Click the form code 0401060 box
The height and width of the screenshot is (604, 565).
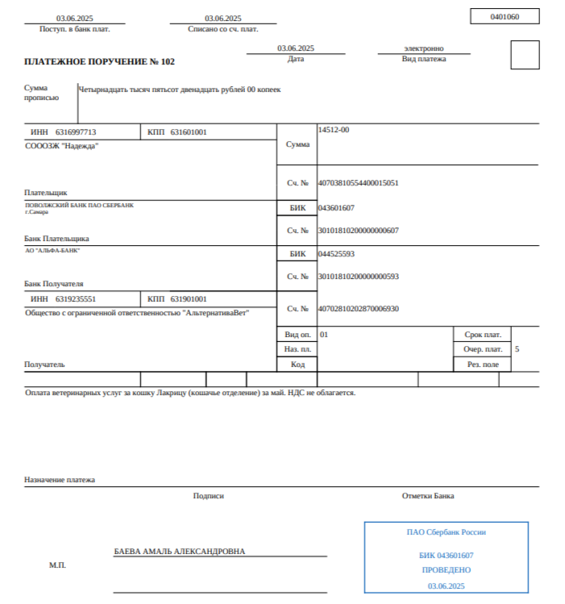504,16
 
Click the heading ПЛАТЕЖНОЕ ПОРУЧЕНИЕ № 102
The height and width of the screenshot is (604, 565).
99,61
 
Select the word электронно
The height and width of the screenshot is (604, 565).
424,48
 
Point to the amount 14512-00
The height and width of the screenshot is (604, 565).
334,129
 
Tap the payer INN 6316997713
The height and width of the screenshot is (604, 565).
76,131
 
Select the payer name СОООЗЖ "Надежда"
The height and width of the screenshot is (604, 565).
62,146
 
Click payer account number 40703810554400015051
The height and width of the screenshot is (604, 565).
359,183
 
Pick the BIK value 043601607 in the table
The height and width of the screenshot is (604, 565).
337,208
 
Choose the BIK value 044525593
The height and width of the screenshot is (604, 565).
337,254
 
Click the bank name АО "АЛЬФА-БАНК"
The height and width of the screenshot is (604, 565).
52,250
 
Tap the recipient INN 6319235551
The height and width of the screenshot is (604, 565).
76,298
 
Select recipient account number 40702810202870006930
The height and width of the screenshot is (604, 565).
359,309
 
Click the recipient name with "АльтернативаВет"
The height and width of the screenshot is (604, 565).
137,312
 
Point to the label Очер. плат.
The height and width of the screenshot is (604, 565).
483,349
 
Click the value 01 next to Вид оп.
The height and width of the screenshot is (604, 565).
324,334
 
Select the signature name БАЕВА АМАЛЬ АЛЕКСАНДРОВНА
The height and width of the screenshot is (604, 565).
180,552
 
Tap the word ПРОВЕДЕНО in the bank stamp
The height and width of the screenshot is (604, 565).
446,569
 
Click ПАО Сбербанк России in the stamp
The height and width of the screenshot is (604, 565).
446,532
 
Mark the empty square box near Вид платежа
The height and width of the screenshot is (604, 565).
525,55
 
